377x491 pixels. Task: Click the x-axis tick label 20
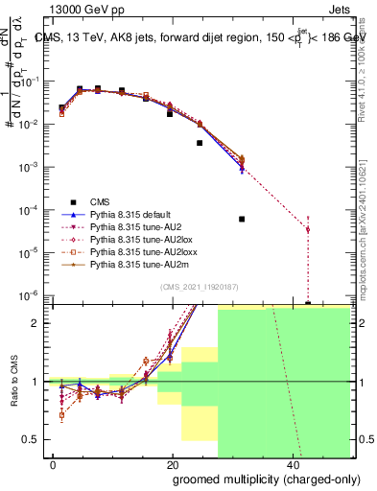(173, 464)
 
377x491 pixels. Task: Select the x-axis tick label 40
(292, 464)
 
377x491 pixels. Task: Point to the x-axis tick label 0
(54, 464)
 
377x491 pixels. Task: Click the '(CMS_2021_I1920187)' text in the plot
(199, 286)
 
